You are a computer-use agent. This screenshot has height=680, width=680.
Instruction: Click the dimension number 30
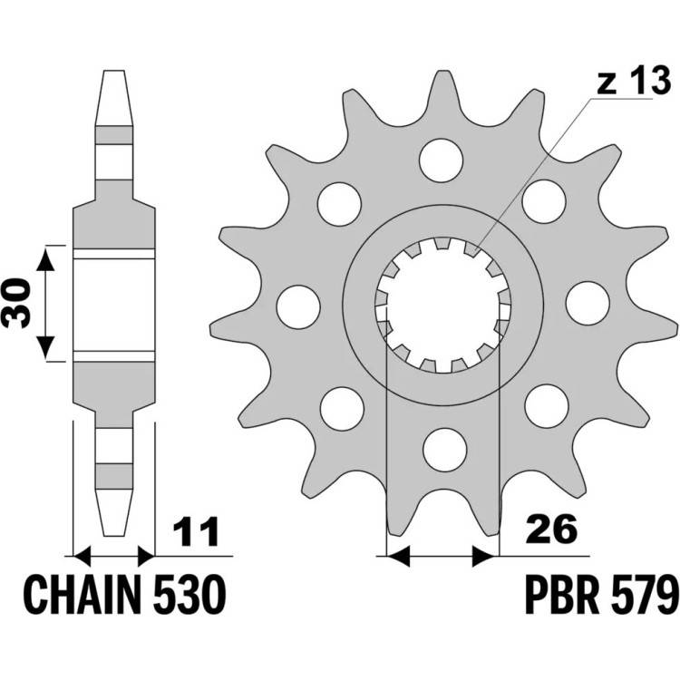16,303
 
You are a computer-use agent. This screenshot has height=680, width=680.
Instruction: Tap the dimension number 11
196,530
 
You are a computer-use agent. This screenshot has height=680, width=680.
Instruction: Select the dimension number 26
551,529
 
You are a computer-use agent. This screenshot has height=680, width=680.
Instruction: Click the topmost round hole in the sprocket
441,160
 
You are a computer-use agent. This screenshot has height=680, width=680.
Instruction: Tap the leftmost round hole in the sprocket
298,306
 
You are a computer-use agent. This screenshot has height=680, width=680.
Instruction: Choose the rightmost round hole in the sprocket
588,303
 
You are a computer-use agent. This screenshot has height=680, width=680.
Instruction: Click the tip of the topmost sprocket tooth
442,71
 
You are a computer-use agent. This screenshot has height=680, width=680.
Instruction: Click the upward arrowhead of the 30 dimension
45,259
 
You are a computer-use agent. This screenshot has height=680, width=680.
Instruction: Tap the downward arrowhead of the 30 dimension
45,348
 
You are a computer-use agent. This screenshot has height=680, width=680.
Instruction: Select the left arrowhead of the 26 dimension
398,556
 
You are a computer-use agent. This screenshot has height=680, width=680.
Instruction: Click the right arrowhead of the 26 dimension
483,556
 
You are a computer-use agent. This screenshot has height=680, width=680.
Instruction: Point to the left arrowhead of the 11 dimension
83,556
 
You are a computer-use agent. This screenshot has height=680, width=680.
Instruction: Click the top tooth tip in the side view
113,71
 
